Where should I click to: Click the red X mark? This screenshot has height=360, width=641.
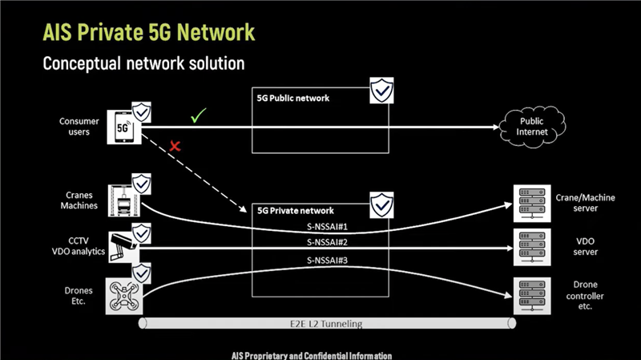point(173,147)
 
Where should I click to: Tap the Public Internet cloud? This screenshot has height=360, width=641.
point(527,127)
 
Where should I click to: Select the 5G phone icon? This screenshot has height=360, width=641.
point(123,127)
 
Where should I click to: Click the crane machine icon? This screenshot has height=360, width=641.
point(123,198)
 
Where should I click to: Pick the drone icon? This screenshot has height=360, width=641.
point(123,296)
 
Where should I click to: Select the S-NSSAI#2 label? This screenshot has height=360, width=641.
point(327,242)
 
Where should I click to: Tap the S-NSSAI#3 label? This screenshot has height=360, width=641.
point(327,261)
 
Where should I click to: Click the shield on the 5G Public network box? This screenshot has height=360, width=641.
point(381,91)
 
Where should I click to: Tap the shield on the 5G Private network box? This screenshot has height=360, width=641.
point(381,204)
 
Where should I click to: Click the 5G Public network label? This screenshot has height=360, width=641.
point(293,99)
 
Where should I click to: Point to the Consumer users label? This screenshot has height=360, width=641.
point(79,127)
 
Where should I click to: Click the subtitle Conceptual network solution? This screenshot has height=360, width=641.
point(143,63)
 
